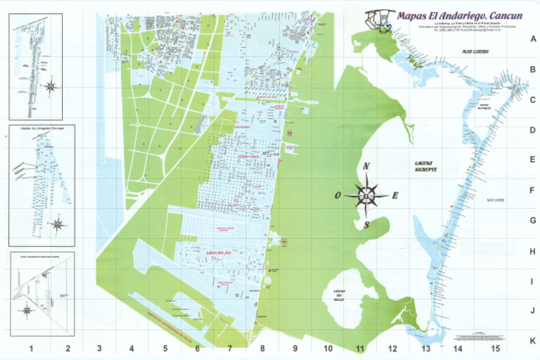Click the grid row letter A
coord(532,39)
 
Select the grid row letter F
coord(532,191)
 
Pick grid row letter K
coord(532,340)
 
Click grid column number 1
coord(31,348)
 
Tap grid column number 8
coord(262,348)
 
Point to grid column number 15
coord(495,348)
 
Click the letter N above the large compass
coord(366,167)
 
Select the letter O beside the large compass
coord(337,195)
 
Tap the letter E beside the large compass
coord(395,195)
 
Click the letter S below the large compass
coord(366,225)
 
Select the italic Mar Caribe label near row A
coord(475,51)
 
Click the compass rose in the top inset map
coord(50,86)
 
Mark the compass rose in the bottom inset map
coord(27,309)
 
